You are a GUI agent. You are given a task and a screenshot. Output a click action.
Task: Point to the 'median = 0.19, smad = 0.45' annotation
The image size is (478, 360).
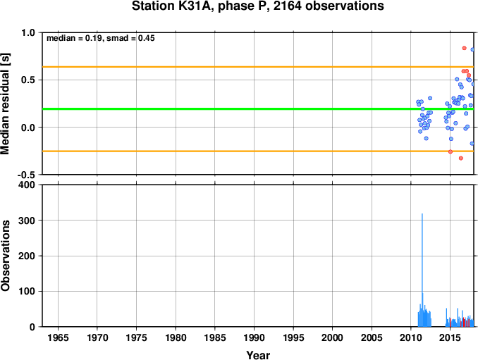click(x=101, y=38)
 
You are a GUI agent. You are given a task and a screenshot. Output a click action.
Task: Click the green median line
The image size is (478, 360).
click(x=258, y=108)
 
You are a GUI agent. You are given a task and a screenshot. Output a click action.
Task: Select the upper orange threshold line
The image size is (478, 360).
click(x=258, y=67)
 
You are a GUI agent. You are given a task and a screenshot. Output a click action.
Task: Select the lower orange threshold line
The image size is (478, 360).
click(x=258, y=151)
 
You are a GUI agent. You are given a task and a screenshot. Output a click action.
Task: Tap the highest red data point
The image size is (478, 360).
click(x=465, y=48)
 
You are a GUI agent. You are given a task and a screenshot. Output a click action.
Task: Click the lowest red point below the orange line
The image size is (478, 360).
click(x=461, y=158)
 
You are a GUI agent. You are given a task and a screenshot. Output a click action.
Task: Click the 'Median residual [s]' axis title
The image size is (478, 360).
click(x=5, y=104)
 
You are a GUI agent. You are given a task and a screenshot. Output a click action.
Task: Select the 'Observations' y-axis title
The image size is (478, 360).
click(x=5, y=256)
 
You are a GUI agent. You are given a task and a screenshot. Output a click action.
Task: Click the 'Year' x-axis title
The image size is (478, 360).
click(x=258, y=355)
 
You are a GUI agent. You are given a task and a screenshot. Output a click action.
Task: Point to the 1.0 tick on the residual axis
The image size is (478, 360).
click(x=28, y=32)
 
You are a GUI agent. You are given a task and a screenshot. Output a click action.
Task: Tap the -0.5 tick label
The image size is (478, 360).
click(x=27, y=175)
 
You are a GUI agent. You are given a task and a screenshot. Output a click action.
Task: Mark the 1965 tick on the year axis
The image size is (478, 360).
click(x=58, y=337)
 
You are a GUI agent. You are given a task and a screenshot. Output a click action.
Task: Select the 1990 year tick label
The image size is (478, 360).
click(x=254, y=337)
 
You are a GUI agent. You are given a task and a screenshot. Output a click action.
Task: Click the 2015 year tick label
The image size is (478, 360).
click(x=450, y=337)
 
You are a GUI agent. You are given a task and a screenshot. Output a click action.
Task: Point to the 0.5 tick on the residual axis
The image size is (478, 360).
click(x=28, y=80)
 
